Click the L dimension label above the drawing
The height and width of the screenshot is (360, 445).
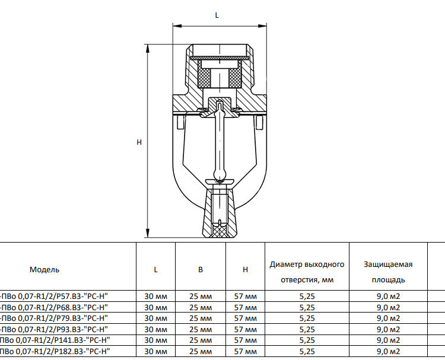[217, 15]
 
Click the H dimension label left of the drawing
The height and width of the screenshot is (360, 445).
[139, 142]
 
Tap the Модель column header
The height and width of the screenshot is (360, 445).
[44, 269]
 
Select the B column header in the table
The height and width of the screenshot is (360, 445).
[201, 269]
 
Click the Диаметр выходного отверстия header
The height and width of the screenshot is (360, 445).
[307, 272]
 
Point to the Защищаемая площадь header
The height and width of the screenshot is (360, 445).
[388, 272]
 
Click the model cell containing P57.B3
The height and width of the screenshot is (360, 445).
[54, 296]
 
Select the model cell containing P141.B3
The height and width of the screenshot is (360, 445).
[55, 340]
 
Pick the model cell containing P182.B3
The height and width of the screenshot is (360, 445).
[55, 351]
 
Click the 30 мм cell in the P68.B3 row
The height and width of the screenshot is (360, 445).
[156, 307]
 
